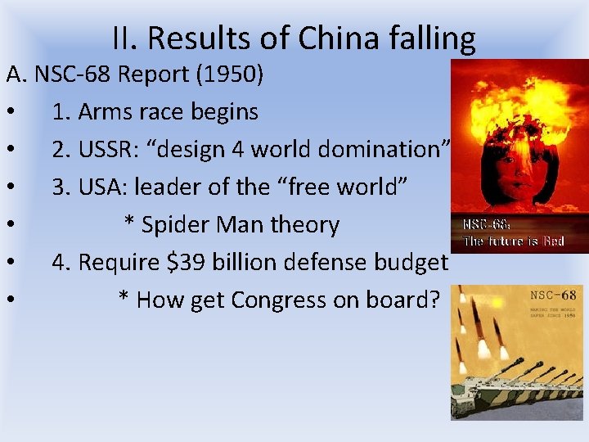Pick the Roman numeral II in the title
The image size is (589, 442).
(124, 38)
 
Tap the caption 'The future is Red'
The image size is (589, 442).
(514, 241)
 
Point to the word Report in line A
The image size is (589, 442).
(155, 74)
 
